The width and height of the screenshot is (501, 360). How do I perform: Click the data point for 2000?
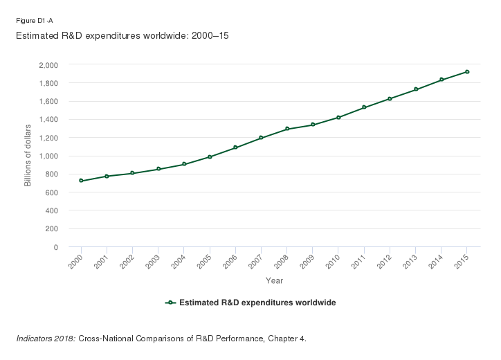click(x=81, y=181)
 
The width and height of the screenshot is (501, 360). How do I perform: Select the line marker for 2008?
click(x=286, y=129)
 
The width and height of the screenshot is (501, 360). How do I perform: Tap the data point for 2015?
click(x=467, y=71)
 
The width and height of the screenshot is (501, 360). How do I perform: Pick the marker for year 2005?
click(x=210, y=157)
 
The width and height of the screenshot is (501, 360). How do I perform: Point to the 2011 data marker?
click(x=364, y=107)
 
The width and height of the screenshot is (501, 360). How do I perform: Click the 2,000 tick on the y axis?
click(x=48, y=65)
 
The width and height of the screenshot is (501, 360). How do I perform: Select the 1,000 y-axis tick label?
click(x=48, y=156)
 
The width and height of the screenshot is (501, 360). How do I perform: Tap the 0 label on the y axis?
click(x=55, y=247)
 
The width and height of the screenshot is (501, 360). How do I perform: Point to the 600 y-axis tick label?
click(x=51, y=192)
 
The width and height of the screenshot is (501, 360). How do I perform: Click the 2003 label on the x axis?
click(x=154, y=260)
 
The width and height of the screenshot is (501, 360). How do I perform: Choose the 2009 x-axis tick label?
click(x=309, y=260)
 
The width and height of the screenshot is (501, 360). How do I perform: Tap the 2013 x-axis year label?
click(x=412, y=260)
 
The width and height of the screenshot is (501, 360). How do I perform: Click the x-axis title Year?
click(x=274, y=280)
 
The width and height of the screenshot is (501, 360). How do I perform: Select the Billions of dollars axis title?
click(x=28, y=156)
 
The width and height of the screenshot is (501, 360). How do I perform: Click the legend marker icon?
click(x=170, y=303)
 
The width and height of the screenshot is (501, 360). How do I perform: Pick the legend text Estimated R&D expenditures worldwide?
click(x=257, y=303)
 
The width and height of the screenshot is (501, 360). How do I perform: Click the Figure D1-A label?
click(x=35, y=21)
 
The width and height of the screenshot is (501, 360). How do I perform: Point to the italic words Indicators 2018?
click(x=45, y=339)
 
